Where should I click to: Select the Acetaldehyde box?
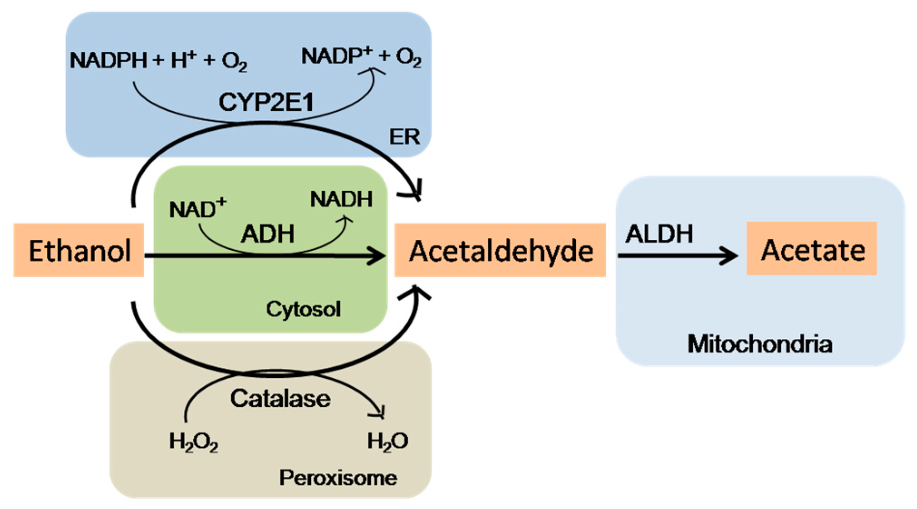point(500,250)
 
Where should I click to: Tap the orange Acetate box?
point(812,249)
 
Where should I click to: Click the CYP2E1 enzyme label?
point(266,102)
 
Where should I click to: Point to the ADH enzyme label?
point(267,234)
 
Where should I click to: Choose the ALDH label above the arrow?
point(659,234)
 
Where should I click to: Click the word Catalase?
point(280,399)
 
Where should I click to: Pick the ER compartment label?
point(404,137)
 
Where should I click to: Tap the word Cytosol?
point(303,310)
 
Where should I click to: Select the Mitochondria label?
point(760,344)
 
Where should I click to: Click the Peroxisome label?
point(338,478)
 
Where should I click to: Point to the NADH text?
point(341,199)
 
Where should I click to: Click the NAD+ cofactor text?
point(197,209)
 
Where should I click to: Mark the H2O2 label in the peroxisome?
point(193,441)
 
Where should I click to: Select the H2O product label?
point(387,441)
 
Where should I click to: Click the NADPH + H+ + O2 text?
point(158,60)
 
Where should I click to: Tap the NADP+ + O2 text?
point(361,57)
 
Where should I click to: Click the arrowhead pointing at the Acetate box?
point(731,256)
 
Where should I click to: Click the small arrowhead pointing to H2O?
point(380,412)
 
